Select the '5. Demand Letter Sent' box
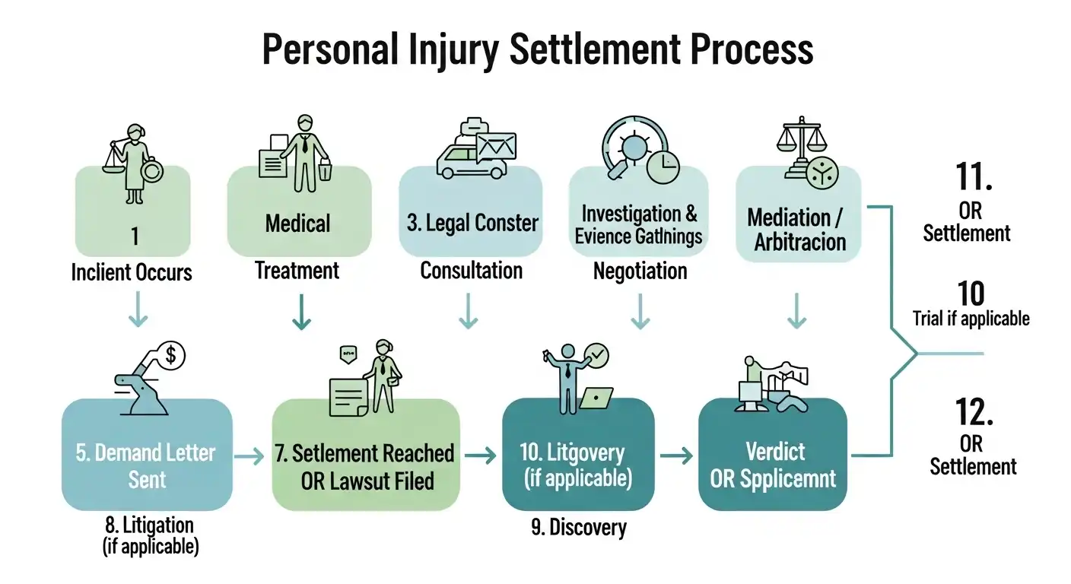click(147, 455)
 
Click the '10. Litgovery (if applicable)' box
click(578, 455)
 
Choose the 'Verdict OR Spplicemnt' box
click(772, 455)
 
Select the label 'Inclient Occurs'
click(132, 272)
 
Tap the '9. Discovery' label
click(579, 527)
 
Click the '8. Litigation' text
click(150, 524)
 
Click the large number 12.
click(974, 411)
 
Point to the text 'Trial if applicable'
click(971, 318)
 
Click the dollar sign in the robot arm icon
click(172, 354)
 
